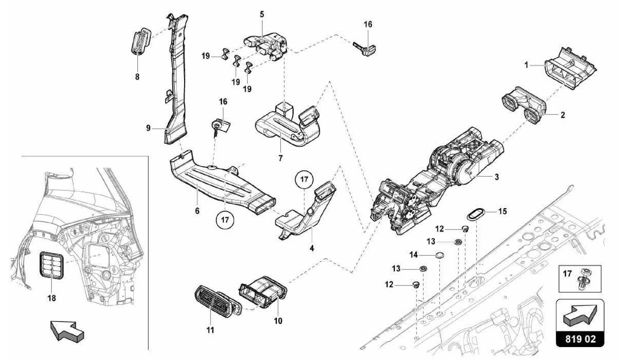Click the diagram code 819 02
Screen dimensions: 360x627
pyautogui.click(x=580, y=339)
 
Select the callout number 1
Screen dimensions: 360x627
pyautogui.click(x=526, y=65)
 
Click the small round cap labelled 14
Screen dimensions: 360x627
pyautogui.click(x=439, y=255)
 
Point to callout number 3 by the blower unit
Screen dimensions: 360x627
pyautogui.click(x=496, y=177)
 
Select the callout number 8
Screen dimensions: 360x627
pyautogui.click(x=137, y=77)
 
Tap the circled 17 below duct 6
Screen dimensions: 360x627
pyautogui.click(x=225, y=220)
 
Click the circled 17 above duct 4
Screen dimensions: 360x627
pyautogui.click(x=304, y=179)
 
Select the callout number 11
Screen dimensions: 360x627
pyautogui.click(x=210, y=330)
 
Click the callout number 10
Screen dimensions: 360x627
pyautogui.click(x=278, y=321)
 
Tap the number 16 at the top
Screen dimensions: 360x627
pyautogui.click(x=368, y=24)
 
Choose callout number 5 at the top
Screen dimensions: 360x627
pyautogui.click(x=262, y=14)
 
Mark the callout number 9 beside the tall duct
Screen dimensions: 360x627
pyautogui.click(x=148, y=128)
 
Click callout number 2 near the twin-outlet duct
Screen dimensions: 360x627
pyautogui.click(x=562, y=115)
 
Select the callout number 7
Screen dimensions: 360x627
pyautogui.click(x=280, y=158)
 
